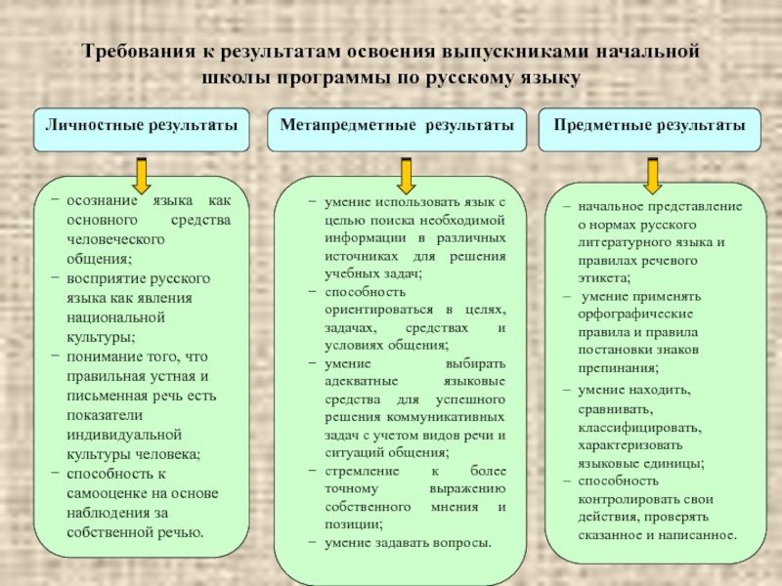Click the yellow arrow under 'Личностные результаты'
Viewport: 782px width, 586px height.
142,174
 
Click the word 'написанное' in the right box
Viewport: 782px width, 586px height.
701,535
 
